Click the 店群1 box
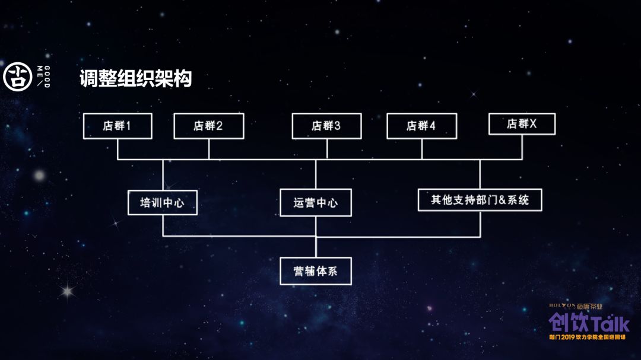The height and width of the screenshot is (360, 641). tap(118, 126)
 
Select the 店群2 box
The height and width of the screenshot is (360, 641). tap(208, 126)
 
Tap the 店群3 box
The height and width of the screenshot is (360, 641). tap(327, 126)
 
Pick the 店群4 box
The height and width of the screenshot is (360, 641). tap(421, 126)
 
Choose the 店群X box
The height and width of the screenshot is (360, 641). tap(522, 124)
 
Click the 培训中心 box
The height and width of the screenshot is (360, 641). tap(162, 202)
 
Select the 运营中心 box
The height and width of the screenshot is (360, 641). tap(315, 202)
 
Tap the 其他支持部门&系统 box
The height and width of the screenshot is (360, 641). tap(480, 200)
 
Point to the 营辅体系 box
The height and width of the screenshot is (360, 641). tap(315, 272)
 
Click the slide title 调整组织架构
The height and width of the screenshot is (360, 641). tap(136, 79)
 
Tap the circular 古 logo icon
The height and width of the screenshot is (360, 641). tap(18, 77)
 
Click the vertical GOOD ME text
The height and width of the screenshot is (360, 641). tap(43, 77)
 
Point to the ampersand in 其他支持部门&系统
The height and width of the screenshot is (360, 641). tap(498, 200)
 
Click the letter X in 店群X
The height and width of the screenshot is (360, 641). tap(532, 124)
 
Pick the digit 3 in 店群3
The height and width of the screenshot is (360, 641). tap(337, 126)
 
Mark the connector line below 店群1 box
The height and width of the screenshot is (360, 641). tap(118, 149)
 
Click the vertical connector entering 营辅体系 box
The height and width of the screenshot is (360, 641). tap(315, 247)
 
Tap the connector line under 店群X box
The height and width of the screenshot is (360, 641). tap(522, 147)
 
